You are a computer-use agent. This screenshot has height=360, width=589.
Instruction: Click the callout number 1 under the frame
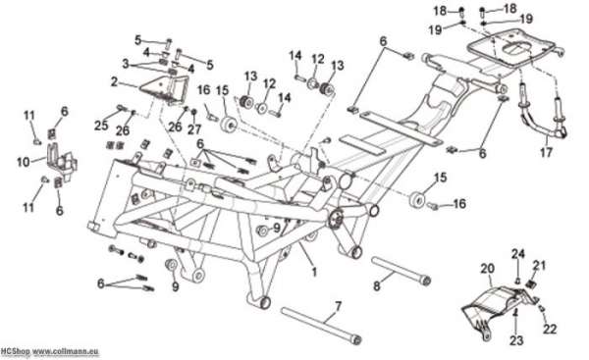coord(314,272)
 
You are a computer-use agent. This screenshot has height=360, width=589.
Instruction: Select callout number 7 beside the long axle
coord(338,306)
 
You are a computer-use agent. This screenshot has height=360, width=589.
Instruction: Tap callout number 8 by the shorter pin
coord(376,286)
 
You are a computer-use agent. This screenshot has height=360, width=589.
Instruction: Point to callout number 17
coord(546,152)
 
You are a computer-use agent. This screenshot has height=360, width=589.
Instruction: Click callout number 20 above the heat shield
coord(487,269)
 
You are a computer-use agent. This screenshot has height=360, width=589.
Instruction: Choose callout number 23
coord(516,340)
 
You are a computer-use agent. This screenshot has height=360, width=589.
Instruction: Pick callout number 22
coord(550,329)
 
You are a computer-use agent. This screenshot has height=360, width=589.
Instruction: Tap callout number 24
coord(517,254)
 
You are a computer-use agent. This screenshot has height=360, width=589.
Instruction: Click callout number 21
coord(539,266)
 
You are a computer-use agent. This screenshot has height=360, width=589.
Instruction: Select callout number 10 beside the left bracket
coord(24,162)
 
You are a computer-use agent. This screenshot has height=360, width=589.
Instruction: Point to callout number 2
coord(114,81)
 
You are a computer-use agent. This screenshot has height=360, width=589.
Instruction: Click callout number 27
coord(194,129)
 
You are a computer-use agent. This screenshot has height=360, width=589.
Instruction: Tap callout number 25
coord(101,126)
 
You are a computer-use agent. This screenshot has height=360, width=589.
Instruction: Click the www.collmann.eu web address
coord(66,352)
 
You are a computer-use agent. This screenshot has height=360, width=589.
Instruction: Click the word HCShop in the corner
coord(15,352)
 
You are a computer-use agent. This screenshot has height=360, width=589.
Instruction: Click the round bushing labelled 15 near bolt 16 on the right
coord(416,200)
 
